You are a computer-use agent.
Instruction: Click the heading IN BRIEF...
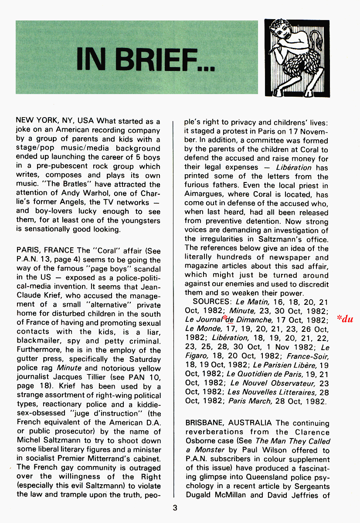click(145, 60)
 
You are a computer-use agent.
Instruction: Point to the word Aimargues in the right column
click(204, 194)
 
